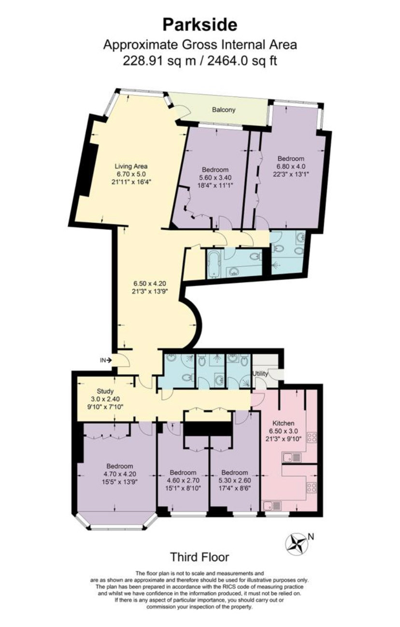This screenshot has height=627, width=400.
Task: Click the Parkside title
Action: pyautogui.click(x=200, y=25)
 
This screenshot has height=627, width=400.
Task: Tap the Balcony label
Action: pyautogui.click(x=224, y=110)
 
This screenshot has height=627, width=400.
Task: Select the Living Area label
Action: pyautogui.click(x=131, y=166)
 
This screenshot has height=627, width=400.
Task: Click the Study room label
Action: pyautogui.click(x=105, y=391)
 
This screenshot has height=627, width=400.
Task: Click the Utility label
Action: pyautogui.click(x=260, y=374)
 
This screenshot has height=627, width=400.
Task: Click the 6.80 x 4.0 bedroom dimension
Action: pyautogui.click(x=291, y=166)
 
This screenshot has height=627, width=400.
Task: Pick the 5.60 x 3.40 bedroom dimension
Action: pyautogui.click(x=215, y=177)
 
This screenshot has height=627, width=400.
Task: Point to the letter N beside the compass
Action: pyautogui.click(x=311, y=536)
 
